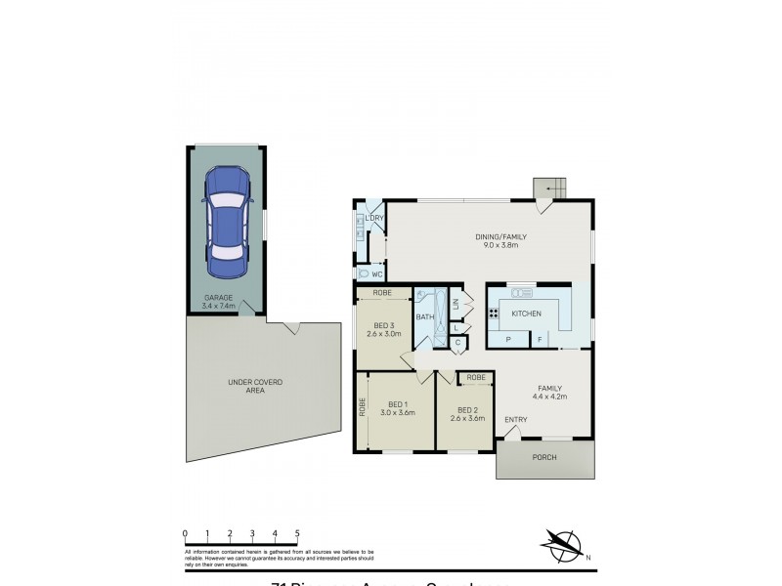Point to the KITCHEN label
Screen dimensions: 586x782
pyautogui.click(x=526, y=314)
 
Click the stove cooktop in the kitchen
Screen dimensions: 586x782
pyautogui.click(x=494, y=314)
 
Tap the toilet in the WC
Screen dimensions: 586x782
pyautogui.click(x=365, y=274)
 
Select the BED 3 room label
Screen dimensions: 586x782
pyautogui.click(x=383, y=330)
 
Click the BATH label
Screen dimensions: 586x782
pyautogui.click(x=424, y=317)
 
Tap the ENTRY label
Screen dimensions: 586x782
pyautogui.click(x=515, y=420)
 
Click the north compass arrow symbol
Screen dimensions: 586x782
pyautogui.click(x=561, y=543)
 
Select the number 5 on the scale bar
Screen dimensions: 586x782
pyautogui.click(x=297, y=532)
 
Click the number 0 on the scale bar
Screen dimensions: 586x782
pyautogui.click(x=185, y=532)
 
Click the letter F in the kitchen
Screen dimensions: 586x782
pyautogui.click(x=539, y=339)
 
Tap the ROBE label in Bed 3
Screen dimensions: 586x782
pyautogui.click(x=383, y=292)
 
